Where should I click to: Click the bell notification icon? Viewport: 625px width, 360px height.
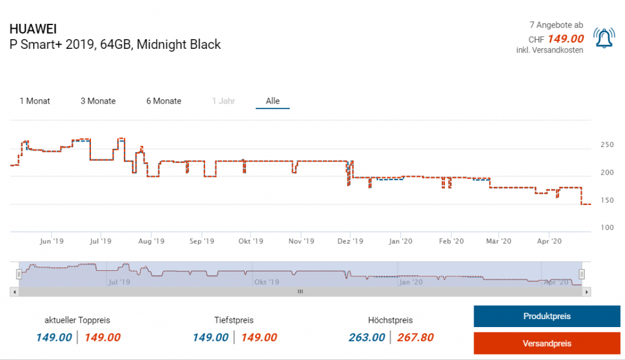604,38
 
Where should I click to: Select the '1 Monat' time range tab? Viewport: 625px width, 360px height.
35,101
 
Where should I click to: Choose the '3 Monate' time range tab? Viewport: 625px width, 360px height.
98,101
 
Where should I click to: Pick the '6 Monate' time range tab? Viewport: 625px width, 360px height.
164,101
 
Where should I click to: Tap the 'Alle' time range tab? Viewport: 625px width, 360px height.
273,101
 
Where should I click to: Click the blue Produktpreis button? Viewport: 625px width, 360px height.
547,316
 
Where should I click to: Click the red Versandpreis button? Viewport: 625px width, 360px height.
547,344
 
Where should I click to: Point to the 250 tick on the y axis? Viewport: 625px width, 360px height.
607,145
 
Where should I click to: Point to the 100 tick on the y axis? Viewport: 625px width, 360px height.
607,228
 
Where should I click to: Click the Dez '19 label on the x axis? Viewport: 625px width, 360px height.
350,242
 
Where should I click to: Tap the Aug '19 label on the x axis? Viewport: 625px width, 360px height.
151,242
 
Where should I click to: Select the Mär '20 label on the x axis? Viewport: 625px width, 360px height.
498,242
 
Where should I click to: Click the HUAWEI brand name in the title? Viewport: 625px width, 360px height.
34,29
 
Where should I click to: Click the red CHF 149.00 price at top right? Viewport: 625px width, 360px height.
566,39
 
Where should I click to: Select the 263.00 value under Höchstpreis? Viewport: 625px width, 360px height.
367,337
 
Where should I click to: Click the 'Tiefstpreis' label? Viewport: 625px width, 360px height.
234,320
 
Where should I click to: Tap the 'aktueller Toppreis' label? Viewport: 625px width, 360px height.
78,320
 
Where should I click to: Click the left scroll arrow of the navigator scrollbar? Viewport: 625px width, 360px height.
14,292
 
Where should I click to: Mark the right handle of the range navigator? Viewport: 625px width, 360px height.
582,274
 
